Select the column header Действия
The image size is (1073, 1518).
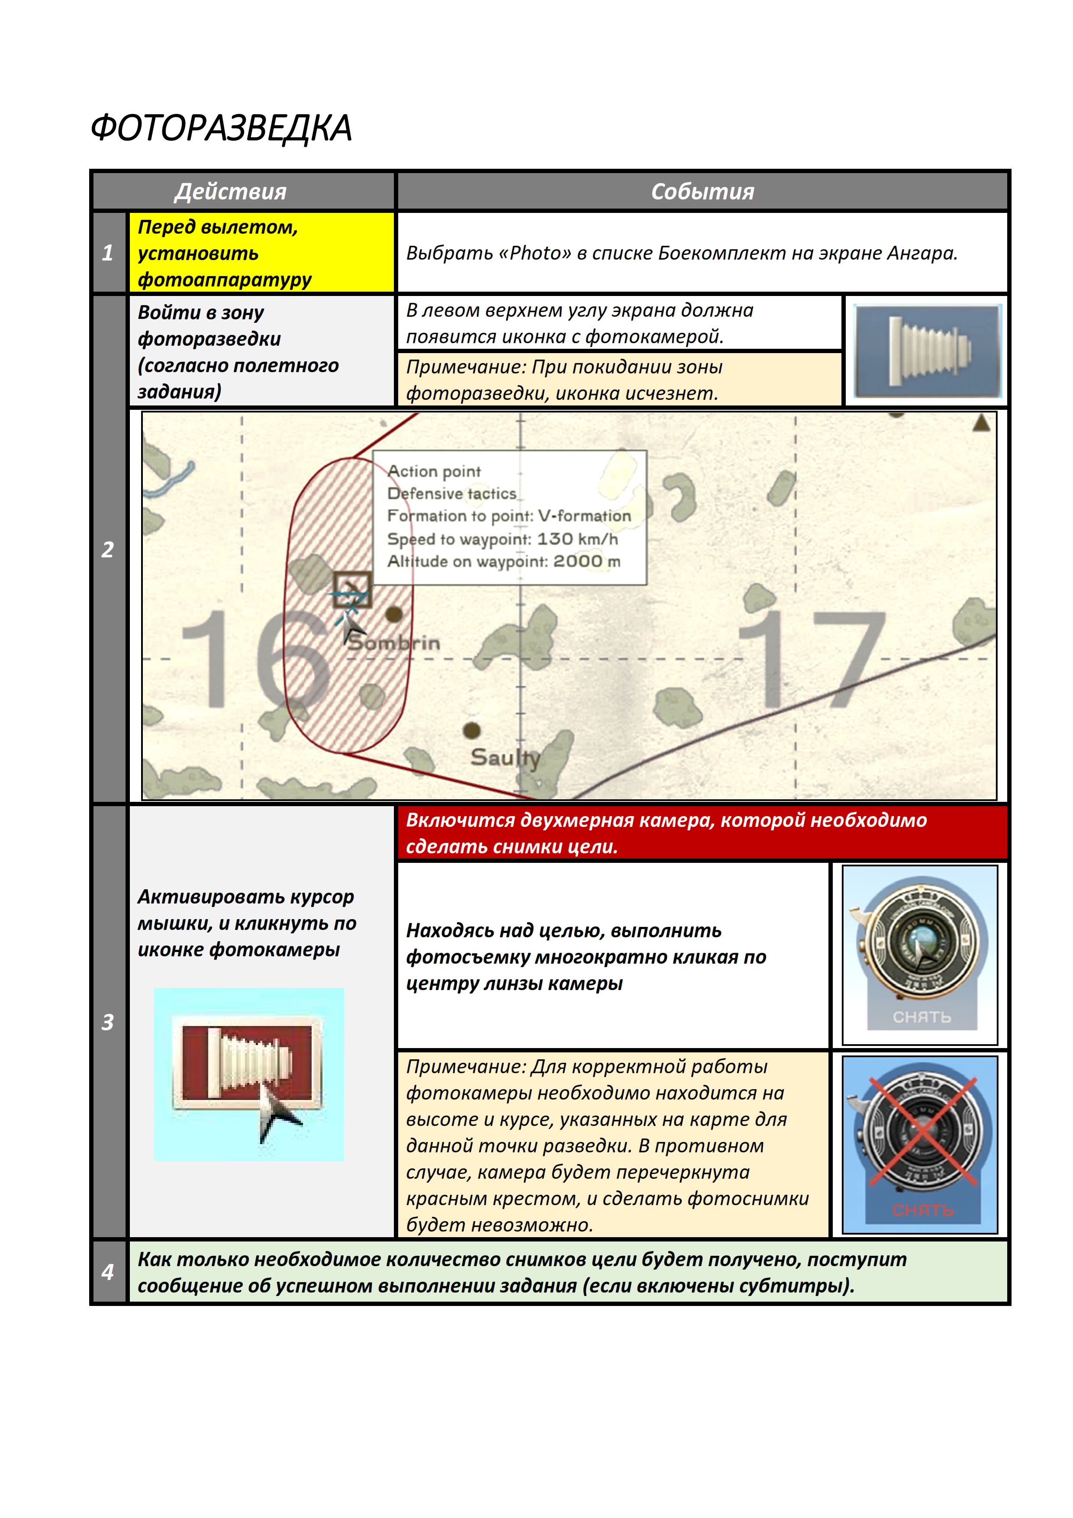click(x=230, y=192)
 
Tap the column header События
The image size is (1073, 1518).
click(x=702, y=192)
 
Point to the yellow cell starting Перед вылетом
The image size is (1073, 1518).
click(x=261, y=253)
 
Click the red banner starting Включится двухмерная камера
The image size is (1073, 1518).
click(x=702, y=833)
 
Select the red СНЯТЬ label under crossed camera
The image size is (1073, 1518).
click(x=922, y=1211)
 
